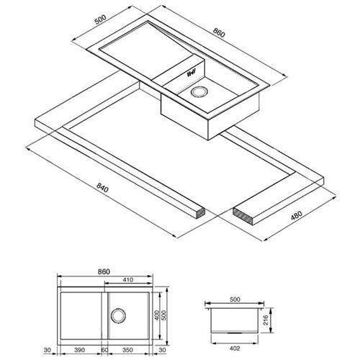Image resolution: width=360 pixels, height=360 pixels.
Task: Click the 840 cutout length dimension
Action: (102, 188)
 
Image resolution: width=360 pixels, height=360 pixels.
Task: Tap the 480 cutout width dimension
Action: (297, 215)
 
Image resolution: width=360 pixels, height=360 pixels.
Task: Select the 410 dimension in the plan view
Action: (128, 280)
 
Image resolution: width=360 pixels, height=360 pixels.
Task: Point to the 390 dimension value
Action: (79, 350)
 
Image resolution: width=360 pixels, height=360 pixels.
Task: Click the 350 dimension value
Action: (127, 350)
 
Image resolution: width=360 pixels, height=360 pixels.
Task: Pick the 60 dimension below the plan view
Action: (104, 350)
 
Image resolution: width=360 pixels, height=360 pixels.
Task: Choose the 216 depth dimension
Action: (266, 320)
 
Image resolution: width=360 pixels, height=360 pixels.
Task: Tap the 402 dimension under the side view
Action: (235, 348)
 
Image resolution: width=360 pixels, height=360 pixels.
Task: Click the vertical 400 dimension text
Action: (157, 315)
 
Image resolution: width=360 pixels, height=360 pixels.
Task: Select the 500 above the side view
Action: (235, 300)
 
